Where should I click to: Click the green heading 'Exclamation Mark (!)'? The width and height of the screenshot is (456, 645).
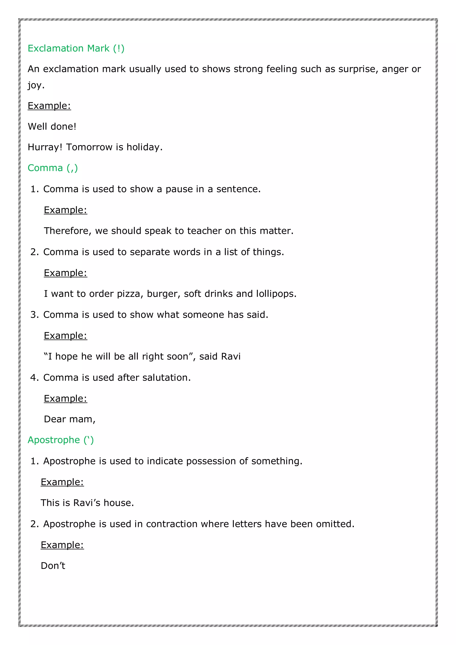tap(76, 48)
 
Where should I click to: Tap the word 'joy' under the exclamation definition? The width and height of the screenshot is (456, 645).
tap(35, 85)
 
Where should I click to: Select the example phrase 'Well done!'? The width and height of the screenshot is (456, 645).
tap(52, 126)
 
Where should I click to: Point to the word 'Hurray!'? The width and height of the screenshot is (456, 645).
tap(45, 147)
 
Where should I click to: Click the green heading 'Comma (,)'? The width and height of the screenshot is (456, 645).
tap(53, 168)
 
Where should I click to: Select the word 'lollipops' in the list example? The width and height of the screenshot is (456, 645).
tap(276, 294)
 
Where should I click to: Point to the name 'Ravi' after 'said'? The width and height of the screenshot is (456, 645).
tap(231, 356)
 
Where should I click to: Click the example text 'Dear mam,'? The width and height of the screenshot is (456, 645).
tap(70, 419)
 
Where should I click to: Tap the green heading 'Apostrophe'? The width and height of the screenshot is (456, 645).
tap(54, 440)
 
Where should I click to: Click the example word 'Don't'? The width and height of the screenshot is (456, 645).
tap(53, 566)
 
